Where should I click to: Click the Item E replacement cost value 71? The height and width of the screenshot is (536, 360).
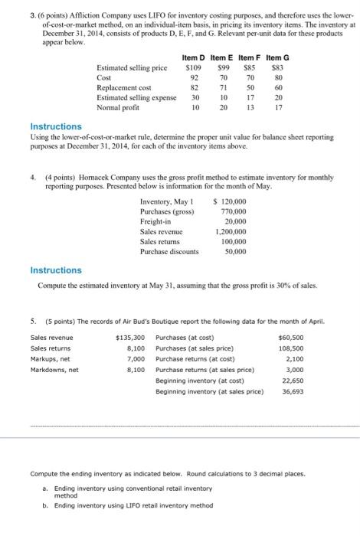coord(224,88)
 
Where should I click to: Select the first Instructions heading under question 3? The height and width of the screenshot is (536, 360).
coord(56,126)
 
